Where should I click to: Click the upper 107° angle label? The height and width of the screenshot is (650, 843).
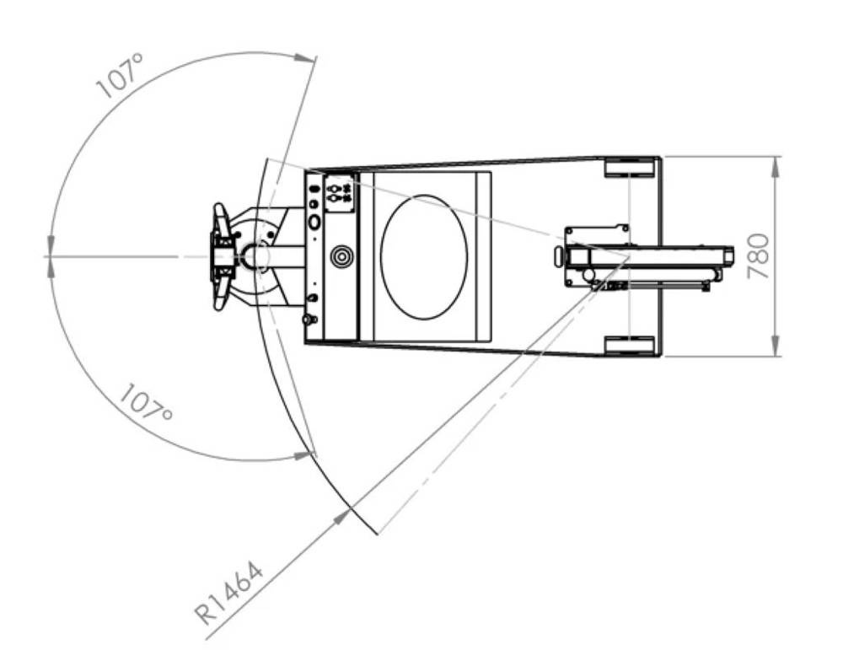coord(120,75)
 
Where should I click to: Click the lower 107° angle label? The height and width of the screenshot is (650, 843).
coord(146,403)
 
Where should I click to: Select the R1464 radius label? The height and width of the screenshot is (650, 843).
coord(229,593)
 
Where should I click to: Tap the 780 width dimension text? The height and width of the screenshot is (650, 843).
coord(759,256)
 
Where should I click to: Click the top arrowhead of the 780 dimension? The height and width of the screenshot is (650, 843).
coord(776,167)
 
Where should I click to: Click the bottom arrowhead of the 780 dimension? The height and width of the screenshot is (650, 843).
coord(776,346)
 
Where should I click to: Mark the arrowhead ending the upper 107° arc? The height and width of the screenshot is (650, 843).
coord(303,57)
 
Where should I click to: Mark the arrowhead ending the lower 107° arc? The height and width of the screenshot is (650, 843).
coord(303,455)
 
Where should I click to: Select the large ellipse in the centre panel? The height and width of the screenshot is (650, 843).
coord(424,257)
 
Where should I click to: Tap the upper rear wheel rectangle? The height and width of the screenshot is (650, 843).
coord(630,167)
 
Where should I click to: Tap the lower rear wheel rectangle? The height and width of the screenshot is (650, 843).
coord(630,346)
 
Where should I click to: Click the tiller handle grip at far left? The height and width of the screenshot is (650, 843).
coord(221,257)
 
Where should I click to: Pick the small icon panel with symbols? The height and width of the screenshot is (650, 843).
coord(339,193)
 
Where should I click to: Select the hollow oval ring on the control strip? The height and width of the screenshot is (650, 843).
coord(314,221)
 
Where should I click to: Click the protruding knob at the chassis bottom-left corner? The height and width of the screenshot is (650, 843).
coord(308,320)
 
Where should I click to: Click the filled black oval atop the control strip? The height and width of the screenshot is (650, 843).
coord(314,189)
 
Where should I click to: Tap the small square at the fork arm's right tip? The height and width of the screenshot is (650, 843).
coord(729,256)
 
